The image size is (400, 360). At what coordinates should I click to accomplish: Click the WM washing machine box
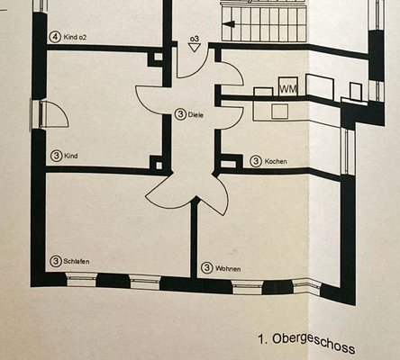pyautogui.click(x=288, y=89)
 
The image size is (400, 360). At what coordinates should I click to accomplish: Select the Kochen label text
pyautogui.click(x=276, y=162)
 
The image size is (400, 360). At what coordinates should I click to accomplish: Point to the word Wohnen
pyautogui.click(x=227, y=268)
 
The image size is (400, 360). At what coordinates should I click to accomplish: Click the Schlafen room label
pyautogui.click(x=78, y=262)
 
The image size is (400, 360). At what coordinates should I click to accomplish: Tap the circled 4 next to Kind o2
pyautogui.click(x=56, y=37)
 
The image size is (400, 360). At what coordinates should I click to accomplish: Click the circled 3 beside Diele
pyautogui.click(x=181, y=114)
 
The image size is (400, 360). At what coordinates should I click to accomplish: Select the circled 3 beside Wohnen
pyautogui.click(x=206, y=267)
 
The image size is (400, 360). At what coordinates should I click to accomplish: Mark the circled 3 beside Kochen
pyautogui.click(x=256, y=161)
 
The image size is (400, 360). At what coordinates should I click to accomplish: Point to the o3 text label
pyautogui.click(x=194, y=40)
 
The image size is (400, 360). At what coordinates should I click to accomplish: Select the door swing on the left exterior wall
pyautogui.click(x=51, y=115)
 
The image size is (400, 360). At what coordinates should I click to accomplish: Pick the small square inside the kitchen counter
pyautogui.click(x=279, y=112)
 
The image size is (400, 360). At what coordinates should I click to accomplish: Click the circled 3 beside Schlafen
pyautogui.click(x=56, y=261)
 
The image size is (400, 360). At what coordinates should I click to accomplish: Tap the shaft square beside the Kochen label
pyautogui.click(x=229, y=162)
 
